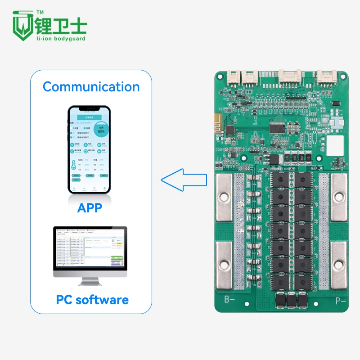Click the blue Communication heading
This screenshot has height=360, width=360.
click(91, 86)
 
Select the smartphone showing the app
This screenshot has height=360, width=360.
click(90, 150)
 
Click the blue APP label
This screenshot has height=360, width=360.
click(90, 208)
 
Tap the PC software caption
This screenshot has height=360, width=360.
click(92, 300)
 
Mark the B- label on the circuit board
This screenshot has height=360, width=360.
click(230, 299)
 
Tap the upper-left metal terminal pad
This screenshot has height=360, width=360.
click(224, 198)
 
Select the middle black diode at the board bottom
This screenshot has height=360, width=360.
click(291, 300)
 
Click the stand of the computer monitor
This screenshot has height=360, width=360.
click(90, 282)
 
